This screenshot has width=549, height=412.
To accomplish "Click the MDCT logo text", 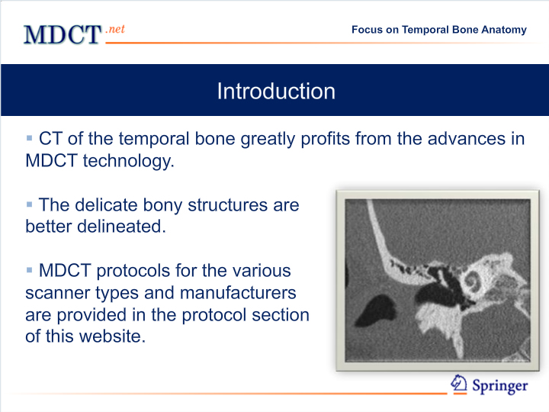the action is tap(63, 34).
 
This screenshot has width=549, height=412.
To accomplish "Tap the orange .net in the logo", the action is tap(115, 29).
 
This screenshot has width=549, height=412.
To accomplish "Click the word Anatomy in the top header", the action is tap(504, 30).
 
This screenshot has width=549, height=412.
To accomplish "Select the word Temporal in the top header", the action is tap(425, 30).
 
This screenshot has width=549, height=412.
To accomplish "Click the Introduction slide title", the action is tap(276, 91).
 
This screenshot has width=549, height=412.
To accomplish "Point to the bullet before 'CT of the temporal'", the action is tap(30, 137).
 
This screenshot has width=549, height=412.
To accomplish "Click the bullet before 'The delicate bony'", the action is tap(30, 204).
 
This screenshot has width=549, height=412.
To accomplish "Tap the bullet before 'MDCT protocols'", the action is tap(30, 270).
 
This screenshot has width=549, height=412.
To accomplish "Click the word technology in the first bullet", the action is tap(128, 161).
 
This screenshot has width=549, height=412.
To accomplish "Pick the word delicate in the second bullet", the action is tap(106, 205).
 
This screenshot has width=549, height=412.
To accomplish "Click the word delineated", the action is tap(121, 227).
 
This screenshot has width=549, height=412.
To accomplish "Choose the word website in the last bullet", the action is tap(112, 336).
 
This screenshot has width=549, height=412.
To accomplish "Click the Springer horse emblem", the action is tap(459, 384).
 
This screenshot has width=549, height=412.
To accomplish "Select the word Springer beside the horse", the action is tap(500, 386).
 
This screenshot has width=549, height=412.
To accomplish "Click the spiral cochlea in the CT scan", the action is tap(472, 282).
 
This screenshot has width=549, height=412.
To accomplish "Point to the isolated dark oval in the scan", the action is tap(375, 311).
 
